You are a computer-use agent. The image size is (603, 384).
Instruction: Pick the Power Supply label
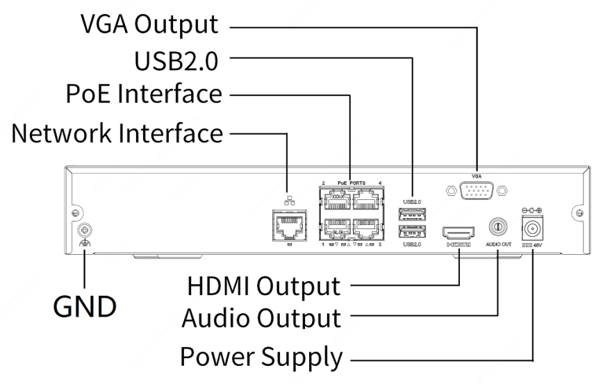click(x=261, y=358)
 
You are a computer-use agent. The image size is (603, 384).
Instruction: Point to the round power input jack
click(x=532, y=227)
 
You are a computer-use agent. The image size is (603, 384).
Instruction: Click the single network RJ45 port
click(x=288, y=226)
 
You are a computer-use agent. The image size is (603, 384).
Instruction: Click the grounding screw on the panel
click(x=85, y=230)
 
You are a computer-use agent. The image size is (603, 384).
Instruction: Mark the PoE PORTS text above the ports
click(x=352, y=183)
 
